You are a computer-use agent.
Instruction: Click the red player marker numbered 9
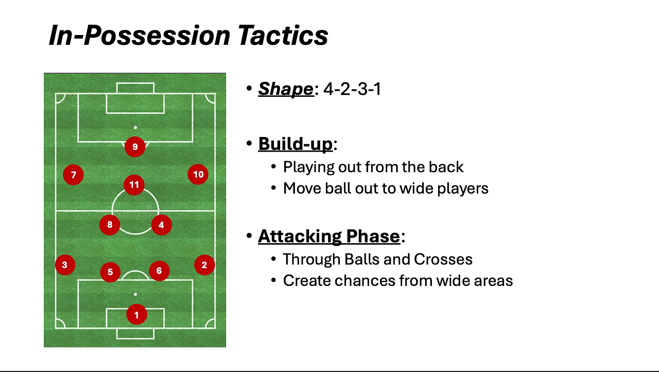[135, 146]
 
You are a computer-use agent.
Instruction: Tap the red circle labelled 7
[73, 175]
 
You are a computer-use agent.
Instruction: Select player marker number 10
[198, 174]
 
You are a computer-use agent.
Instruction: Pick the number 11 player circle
[134, 185]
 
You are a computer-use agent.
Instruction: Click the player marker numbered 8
[110, 225]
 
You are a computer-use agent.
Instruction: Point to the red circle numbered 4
[162, 225]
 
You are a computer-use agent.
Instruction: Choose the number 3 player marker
[65, 265]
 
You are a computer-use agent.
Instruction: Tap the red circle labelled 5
[110, 272]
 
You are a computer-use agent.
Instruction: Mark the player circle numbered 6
[159, 271]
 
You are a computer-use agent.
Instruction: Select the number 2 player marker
[204, 265]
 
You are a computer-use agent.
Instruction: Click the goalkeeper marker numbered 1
[136, 314]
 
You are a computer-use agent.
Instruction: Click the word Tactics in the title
[283, 36]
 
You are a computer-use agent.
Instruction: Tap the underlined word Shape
[286, 89]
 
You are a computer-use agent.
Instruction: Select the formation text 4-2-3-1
[352, 89]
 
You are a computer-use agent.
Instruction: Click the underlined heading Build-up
[296, 144]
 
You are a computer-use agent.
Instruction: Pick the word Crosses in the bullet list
[443, 259]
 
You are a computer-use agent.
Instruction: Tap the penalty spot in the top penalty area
[135, 127]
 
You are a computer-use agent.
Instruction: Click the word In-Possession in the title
[140, 36]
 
